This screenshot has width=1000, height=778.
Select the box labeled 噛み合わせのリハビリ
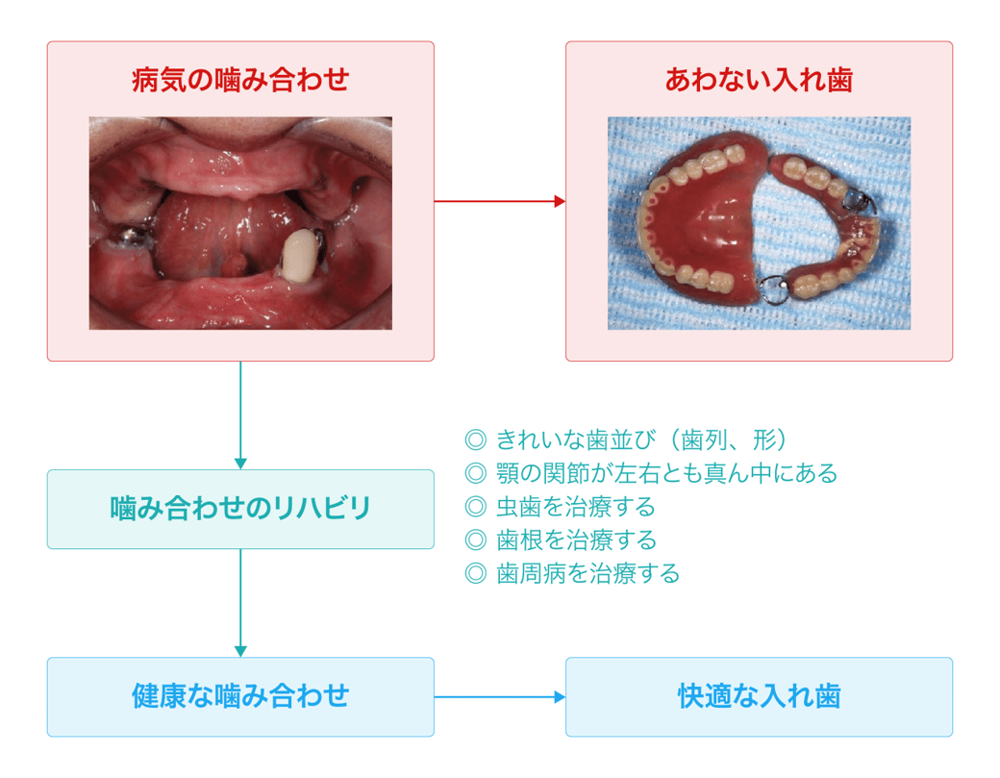(x=240, y=509)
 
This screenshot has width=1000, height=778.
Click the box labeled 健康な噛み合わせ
(x=240, y=696)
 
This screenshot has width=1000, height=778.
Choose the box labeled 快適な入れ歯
(x=759, y=696)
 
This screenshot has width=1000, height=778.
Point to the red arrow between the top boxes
(x=499, y=201)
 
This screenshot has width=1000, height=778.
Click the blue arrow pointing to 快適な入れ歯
(x=499, y=696)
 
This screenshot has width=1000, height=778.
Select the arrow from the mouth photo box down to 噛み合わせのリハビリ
(x=240, y=414)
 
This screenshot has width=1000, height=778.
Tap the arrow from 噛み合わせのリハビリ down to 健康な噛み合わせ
(x=240, y=603)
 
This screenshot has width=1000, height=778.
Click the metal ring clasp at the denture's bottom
(x=774, y=289)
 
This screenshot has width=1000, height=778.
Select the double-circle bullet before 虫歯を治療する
(x=475, y=507)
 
